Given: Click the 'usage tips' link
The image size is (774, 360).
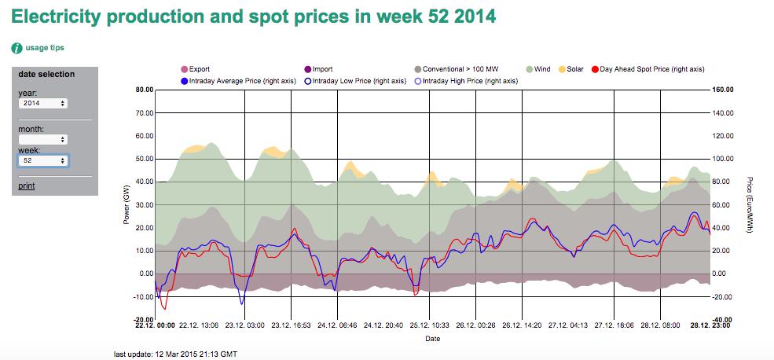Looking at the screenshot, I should pyautogui.click(x=44, y=48).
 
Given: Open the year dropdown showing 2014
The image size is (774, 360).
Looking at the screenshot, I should pyautogui.click(x=43, y=103).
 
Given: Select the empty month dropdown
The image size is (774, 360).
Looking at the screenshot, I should pyautogui.click(x=43, y=139).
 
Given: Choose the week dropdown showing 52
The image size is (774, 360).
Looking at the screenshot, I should pyautogui.click(x=43, y=160).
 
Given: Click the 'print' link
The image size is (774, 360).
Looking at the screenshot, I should pyautogui.click(x=26, y=186).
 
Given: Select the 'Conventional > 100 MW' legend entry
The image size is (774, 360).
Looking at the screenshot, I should pyautogui.click(x=460, y=69).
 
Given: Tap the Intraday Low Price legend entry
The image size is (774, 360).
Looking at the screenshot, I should pyautogui.click(x=357, y=80).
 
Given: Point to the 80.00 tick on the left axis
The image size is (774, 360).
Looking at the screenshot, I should pyautogui.click(x=144, y=90).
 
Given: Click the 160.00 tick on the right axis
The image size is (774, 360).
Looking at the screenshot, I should pyautogui.click(x=723, y=90).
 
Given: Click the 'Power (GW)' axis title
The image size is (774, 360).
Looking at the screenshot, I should pyautogui.click(x=126, y=205).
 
